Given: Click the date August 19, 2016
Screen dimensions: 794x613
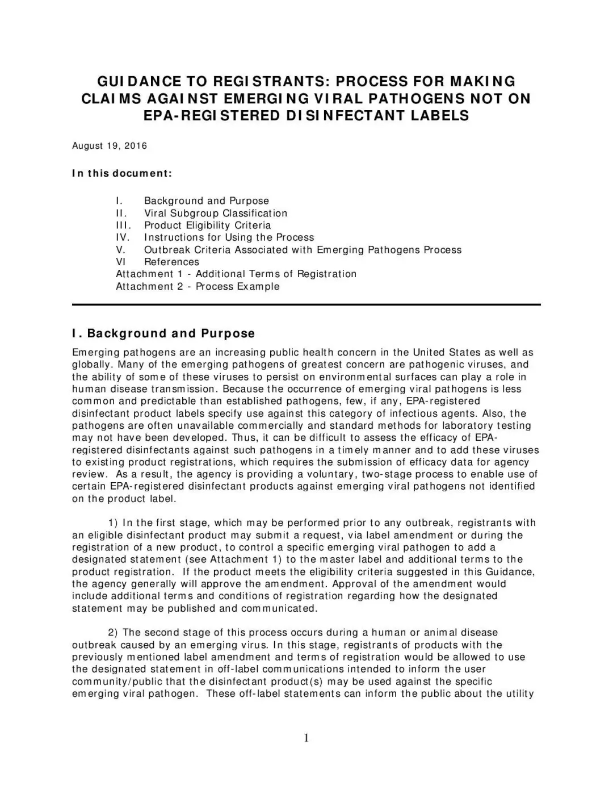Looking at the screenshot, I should (110, 146).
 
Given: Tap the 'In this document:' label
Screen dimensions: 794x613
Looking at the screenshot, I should (121, 173).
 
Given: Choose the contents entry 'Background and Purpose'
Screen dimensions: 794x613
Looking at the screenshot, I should (207, 201).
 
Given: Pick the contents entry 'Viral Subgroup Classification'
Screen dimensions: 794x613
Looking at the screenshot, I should (216, 214).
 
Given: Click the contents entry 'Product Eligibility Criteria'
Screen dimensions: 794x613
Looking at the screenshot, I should (207, 225).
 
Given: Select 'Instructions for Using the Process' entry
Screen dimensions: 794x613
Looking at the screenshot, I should (229, 237).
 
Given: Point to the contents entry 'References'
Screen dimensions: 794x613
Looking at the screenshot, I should (171, 262).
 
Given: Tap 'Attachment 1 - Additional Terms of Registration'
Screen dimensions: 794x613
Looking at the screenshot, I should (236, 274).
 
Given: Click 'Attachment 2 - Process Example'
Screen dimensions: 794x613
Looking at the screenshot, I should (198, 286).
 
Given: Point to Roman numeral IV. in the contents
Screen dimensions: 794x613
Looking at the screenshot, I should (123, 237).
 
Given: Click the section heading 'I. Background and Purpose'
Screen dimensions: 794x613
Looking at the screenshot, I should (163, 333).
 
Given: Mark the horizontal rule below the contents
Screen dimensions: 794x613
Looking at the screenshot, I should (306, 305).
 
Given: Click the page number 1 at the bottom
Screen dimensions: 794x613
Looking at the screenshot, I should (306, 738).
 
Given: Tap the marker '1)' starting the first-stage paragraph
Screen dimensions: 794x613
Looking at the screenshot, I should (113, 523).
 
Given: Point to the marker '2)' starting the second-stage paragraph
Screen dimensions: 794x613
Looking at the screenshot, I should (113, 633).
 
